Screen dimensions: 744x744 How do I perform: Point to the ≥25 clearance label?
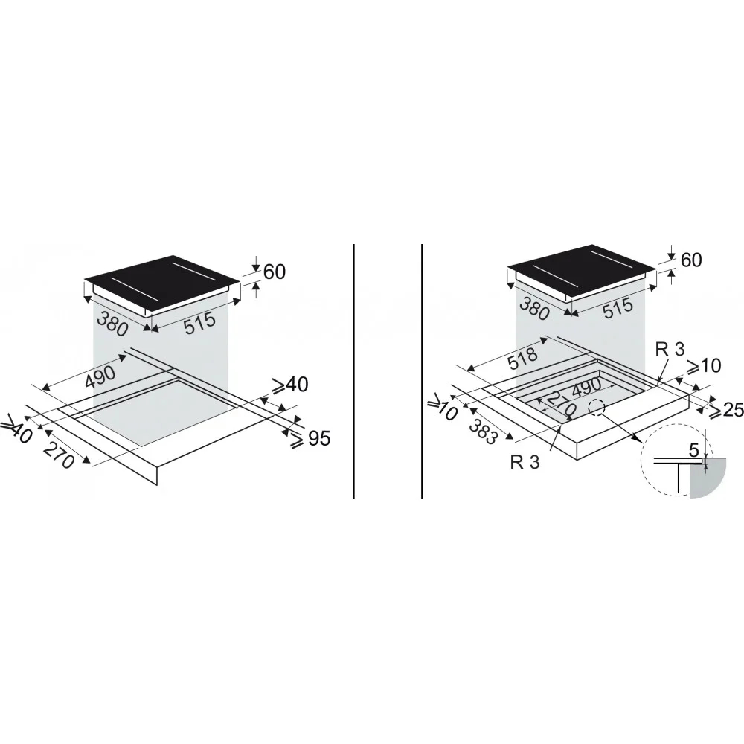point(725,410)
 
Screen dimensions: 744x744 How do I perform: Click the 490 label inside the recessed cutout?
point(586,388)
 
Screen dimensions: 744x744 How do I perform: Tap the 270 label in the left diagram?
point(59,454)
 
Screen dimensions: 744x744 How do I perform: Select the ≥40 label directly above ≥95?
point(289,385)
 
